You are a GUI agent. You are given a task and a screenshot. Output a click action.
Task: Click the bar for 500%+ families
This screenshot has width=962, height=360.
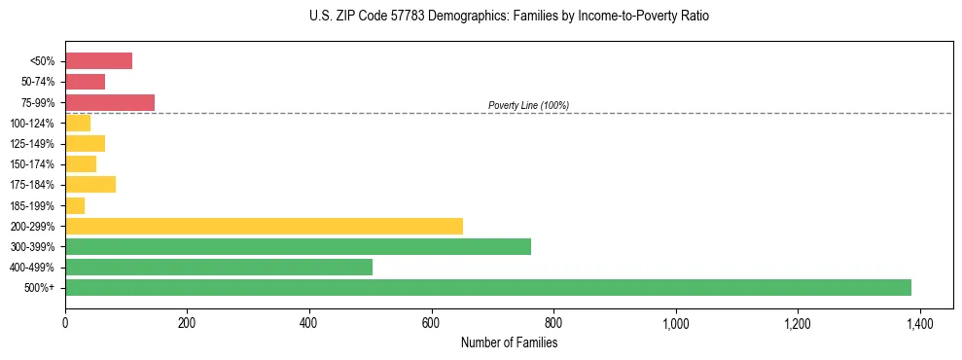487,287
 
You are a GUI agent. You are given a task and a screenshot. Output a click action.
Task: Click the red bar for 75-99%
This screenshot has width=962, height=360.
110,102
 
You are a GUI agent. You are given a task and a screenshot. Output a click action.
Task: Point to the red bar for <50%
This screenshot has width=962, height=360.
98,61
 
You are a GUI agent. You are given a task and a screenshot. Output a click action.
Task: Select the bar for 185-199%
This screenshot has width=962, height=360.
75,205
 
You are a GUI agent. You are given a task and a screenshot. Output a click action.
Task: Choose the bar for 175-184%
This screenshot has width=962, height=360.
90,184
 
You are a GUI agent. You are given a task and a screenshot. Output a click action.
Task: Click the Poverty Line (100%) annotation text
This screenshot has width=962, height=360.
528,105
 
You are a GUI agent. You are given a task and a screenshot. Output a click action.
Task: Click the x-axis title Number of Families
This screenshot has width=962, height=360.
509,342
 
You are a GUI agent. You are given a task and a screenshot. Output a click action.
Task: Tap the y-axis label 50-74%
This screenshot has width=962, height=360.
39,82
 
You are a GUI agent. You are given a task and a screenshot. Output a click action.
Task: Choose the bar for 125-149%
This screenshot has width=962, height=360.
85,143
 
